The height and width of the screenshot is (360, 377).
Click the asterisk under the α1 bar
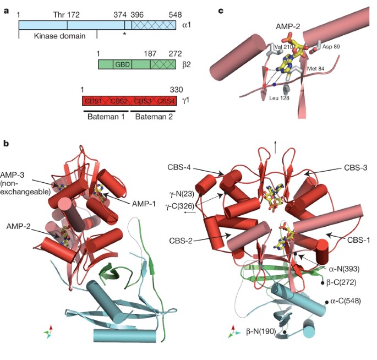point(125,35)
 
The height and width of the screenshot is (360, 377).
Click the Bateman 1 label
point(105,117)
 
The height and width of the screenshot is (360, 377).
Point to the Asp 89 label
point(332,47)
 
